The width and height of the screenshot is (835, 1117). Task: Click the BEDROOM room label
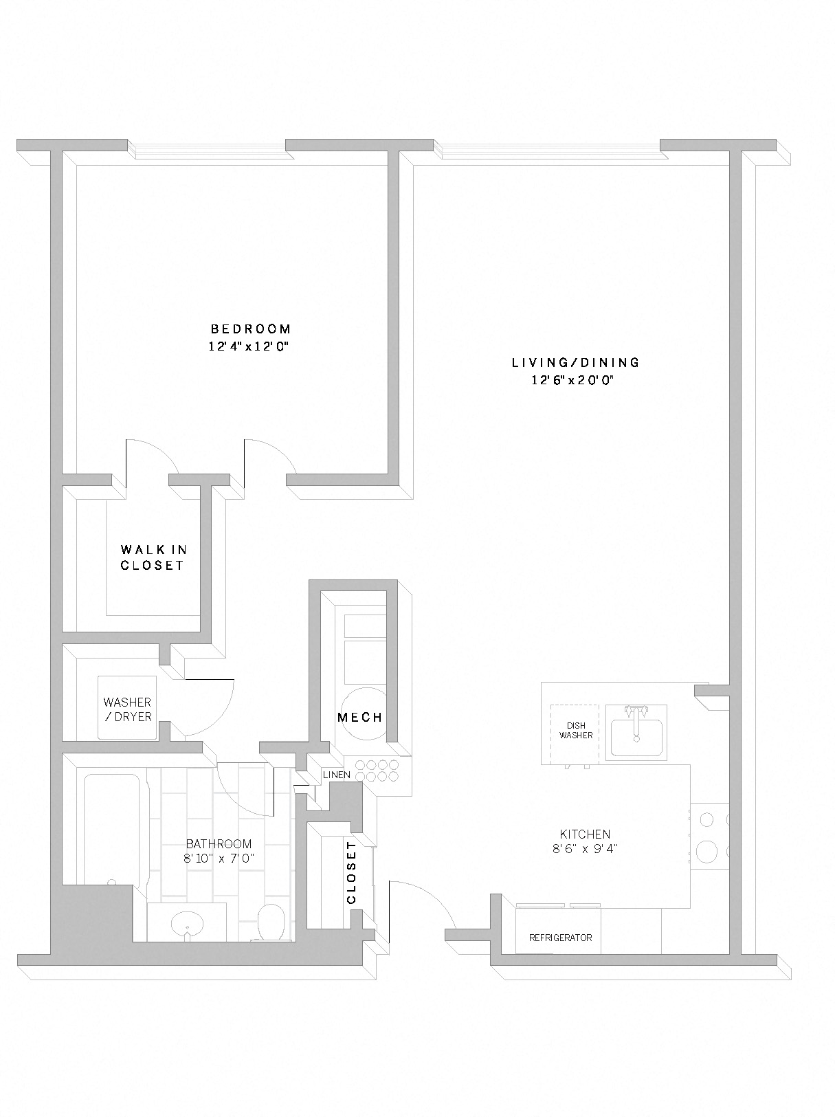tap(250, 329)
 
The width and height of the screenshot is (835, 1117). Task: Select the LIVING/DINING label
tap(575, 362)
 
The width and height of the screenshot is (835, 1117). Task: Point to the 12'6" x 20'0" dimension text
tap(572, 381)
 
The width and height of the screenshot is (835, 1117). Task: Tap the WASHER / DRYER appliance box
tap(127, 708)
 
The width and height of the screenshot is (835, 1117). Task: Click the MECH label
tap(359, 718)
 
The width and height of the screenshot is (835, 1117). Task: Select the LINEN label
tap(337, 775)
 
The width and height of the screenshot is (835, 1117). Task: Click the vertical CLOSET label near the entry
tap(351, 873)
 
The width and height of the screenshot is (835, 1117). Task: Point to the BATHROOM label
tap(219, 844)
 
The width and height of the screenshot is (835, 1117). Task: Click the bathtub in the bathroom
tap(111, 828)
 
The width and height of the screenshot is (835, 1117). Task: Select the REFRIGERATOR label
tap(559, 938)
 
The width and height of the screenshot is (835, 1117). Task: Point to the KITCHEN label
tap(584, 834)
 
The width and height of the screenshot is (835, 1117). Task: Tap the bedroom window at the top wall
tap(206, 147)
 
